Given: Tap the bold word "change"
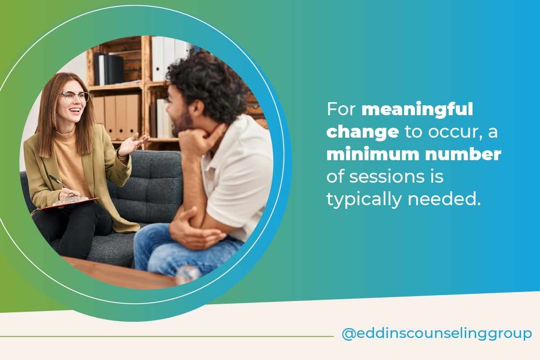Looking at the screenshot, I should [362, 132].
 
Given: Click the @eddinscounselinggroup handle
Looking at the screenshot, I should [436, 334].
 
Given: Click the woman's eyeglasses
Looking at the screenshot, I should [75, 96].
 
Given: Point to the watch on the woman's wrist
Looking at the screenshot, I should [120, 153].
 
